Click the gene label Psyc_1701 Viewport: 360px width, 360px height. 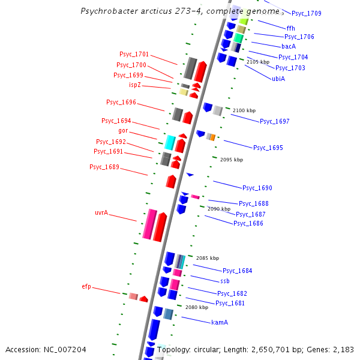coord(134,54)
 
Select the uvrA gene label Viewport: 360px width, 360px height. coord(101,212)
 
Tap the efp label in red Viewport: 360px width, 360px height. coord(86,287)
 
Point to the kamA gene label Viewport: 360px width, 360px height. coord(220,322)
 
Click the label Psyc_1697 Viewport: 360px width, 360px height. coord(275,121)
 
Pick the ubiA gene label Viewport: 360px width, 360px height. coord(278,79)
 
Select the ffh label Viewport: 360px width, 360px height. coord(291,28)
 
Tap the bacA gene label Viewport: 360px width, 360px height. coord(289,46)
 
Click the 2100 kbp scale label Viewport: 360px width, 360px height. coord(244,110)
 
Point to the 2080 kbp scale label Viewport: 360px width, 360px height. coord(197,307)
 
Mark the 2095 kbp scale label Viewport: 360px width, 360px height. coord(232,160)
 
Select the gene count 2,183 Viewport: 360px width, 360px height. coord(343,349)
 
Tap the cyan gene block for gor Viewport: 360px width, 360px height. coord(170,143)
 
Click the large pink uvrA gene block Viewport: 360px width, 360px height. coord(150,224)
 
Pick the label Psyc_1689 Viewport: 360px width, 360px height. coord(104,167)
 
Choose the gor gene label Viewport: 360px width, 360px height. coord(123,130)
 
